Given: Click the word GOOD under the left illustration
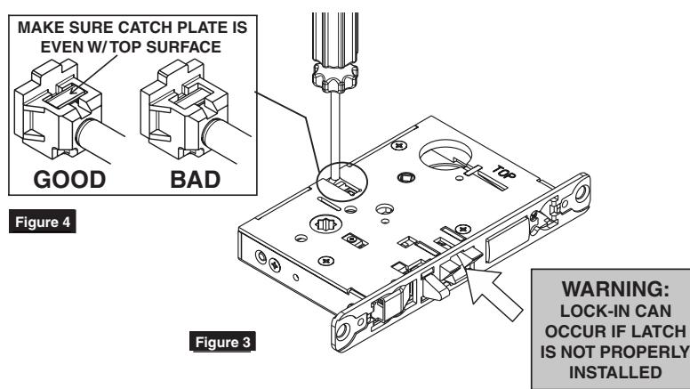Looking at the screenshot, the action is (69, 180).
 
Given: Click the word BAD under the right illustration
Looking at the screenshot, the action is (195, 180).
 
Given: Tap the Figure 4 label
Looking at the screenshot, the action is (43, 222).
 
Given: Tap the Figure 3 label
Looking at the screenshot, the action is (222, 342).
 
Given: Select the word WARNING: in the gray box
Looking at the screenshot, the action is (615, 289).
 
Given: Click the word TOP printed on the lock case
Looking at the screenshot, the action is (504, 172).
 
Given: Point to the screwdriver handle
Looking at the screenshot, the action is (335, 52).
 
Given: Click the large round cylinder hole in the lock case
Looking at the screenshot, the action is (445, 155).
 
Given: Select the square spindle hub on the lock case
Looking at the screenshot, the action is (406, 177).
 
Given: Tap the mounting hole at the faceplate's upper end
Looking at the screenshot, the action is (581, 192).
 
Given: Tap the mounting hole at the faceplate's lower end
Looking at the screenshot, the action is (342, 331).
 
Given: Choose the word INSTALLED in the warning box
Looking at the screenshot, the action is (615, 372).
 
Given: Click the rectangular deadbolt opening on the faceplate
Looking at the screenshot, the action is (507, 239).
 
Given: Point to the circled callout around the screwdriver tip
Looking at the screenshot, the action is (342, 182).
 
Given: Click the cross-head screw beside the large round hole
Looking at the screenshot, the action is (398, 145).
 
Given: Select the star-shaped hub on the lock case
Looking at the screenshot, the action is (326, 224).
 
